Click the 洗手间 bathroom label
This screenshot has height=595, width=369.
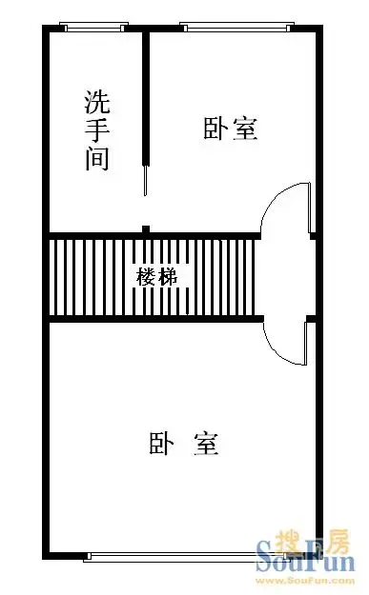[x=97, y=129]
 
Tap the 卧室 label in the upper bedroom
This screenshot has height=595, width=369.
[x=231, y=129]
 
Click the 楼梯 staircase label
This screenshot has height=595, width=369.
[x=157, y=277]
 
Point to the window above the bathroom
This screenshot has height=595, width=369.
[x=93, y=27]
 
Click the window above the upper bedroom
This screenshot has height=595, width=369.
[x=236, y=27]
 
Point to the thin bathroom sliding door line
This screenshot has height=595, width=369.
[x=145, y=181]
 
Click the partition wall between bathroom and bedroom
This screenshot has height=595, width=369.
[x=146, y=98]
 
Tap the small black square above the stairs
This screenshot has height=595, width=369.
[x=146, y=229]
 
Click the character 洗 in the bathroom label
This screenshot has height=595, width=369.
[x=97, y=102]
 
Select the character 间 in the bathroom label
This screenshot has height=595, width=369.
[x=97, y=158]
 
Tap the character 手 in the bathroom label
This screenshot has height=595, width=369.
[x=97, y=130]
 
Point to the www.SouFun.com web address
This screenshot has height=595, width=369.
[x=305, y=581]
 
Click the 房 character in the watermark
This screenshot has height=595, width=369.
[x=337, y=542]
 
